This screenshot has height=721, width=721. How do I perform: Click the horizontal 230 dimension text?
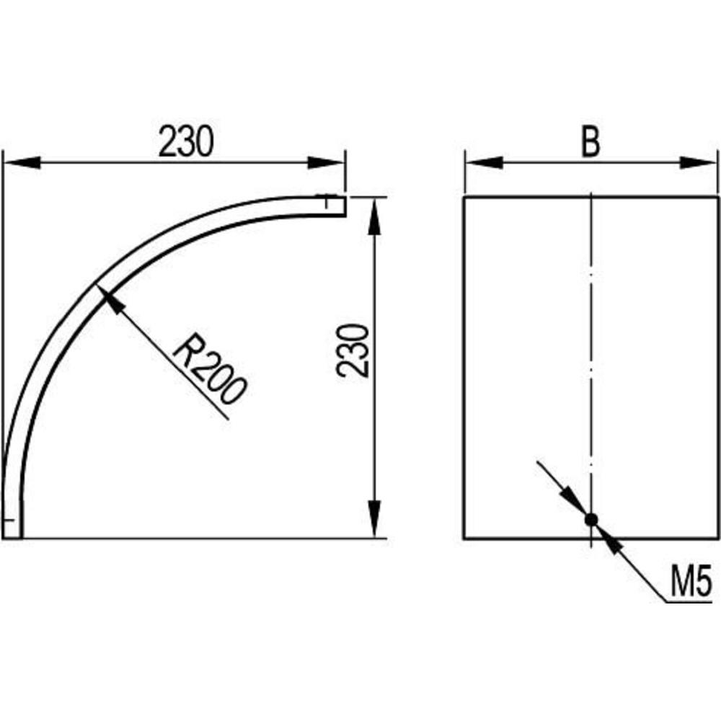[186, 141]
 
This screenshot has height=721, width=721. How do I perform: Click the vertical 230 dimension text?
[353, 351]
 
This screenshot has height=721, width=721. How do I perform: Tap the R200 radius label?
[210, 370]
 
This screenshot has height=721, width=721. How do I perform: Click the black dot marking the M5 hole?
[591, 520]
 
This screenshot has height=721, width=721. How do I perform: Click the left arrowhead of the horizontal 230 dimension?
[22, 162]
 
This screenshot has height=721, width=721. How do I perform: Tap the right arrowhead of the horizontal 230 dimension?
[326, 162]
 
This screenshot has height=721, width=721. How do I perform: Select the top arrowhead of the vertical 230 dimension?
[375, 217]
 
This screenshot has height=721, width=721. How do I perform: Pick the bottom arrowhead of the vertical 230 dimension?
[375, 518]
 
